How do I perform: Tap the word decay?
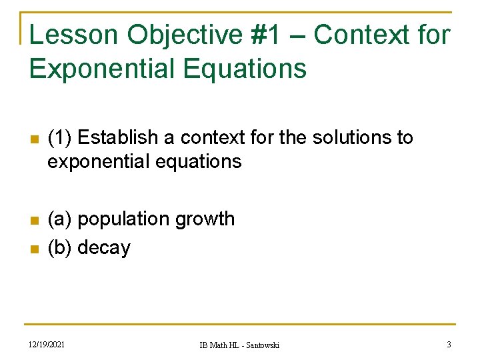coord(104,249)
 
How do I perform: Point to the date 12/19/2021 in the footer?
coord(48,344)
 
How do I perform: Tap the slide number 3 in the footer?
coord(449,344)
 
